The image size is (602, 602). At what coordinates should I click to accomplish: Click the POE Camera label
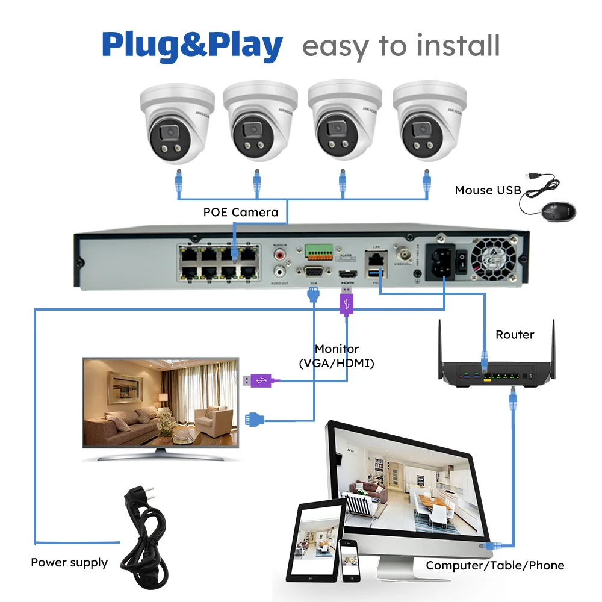(x=240, y=212)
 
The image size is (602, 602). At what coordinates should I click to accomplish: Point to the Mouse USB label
(x=488, y=190)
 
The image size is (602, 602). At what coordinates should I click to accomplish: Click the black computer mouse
(x=559, y=211)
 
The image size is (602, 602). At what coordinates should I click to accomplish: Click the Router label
(x=515, y=335)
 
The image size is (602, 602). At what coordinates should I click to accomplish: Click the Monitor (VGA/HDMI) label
(x=337, y=356)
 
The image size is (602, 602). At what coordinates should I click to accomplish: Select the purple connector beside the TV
(x=258, y=380)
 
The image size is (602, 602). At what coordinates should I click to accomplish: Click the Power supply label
(x=69, y=563)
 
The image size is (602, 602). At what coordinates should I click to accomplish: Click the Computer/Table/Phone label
(x=495, y=565)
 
